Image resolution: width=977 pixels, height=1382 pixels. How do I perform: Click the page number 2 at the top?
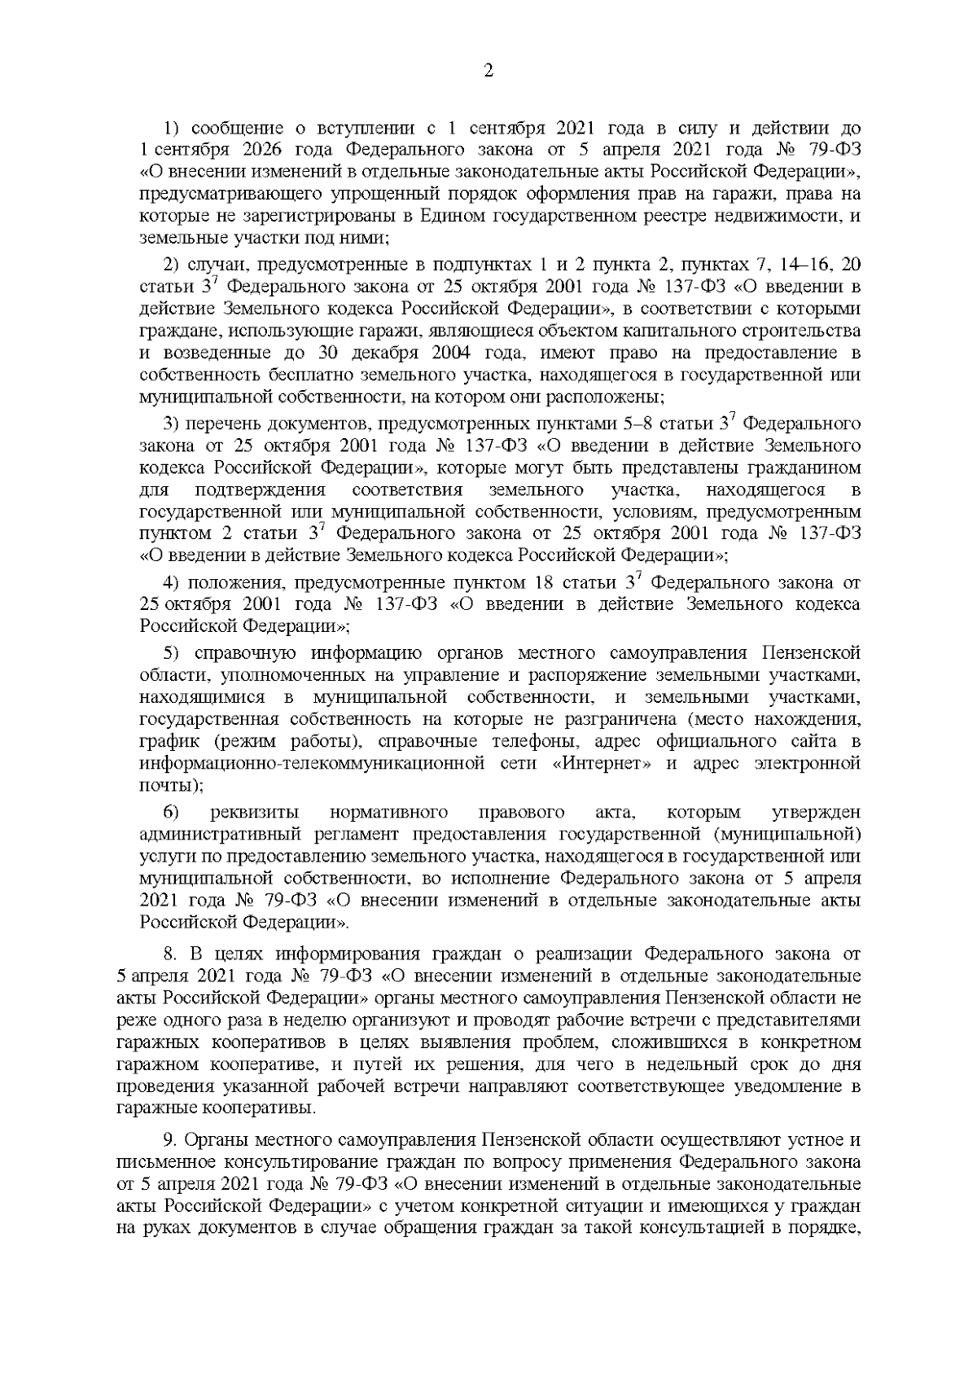tap(488, 71)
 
